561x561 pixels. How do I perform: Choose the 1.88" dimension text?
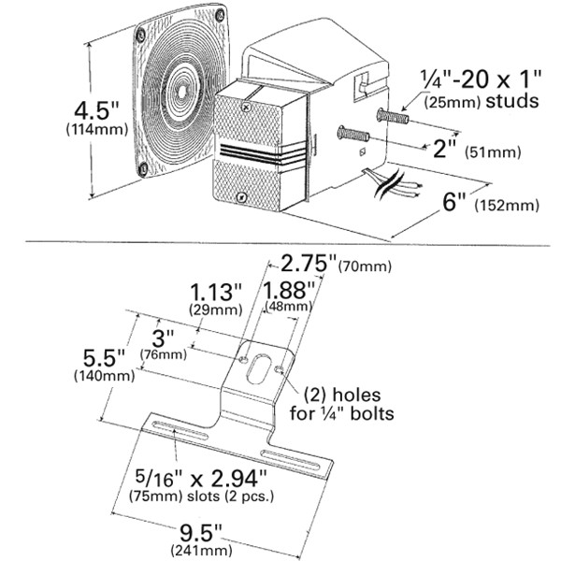[284, 290]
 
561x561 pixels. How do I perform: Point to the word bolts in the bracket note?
[371, 411]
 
